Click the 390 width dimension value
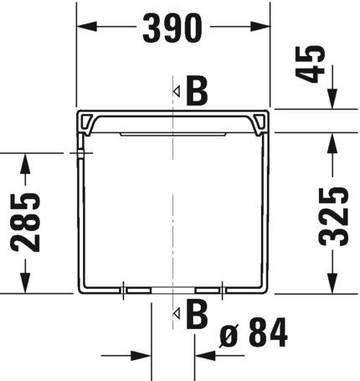(x=172, y=28)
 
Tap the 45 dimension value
(x=311, y=64)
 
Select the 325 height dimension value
(x=333, y=217)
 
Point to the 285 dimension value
(x=25, y=222)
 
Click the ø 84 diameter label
(x=254, y=332)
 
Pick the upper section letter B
(x=197, y=90)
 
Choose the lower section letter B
(x=197, y=314)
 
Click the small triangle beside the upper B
(x=177, y=91)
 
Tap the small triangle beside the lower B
(x=177, y=313)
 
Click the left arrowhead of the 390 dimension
(x=87, y=27)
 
